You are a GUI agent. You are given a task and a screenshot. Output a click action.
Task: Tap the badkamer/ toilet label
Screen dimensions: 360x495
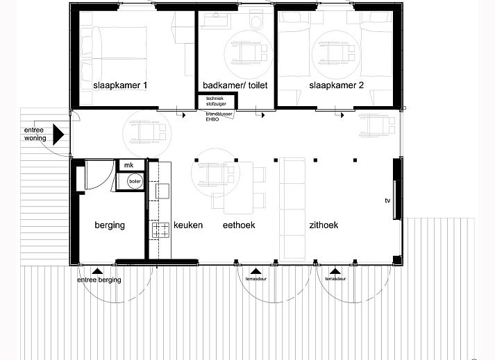point(235,85)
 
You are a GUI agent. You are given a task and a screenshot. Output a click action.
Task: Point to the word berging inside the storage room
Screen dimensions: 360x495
point(109,225)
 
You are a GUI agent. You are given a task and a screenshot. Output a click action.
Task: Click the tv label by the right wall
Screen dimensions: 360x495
point(388,201)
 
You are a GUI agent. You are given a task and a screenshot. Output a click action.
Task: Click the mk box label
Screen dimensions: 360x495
point(128,165)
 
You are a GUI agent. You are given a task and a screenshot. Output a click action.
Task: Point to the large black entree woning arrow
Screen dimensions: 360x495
point(59,132)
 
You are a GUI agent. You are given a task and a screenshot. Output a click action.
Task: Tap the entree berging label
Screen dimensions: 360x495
point(99,280)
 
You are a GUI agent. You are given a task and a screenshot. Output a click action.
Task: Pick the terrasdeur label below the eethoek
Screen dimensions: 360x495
point(255,280)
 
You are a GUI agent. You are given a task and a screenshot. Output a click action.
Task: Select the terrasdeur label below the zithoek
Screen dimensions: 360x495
point(335,280)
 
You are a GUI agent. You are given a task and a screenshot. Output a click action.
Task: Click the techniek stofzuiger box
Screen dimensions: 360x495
point(215,102)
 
